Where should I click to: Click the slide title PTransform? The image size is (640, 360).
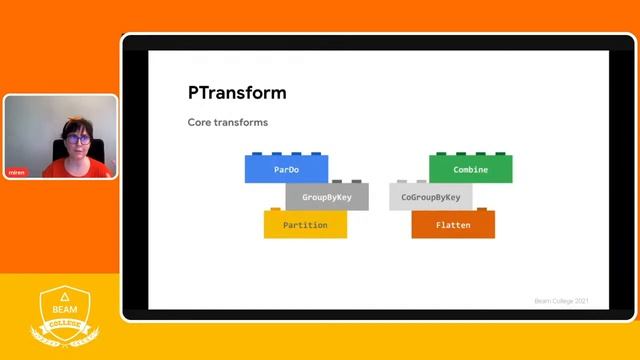click(237, 93)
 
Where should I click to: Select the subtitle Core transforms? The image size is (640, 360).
click(227, 122)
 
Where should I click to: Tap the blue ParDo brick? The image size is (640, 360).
click(286, 170)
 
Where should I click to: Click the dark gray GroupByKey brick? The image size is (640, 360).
click(327, 198)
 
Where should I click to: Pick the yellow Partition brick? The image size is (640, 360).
click(305, 226)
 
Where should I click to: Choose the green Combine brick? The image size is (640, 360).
click(471, 170)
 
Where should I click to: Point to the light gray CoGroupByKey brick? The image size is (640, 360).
click(430, 198)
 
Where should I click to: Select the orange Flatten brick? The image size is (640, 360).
click(453, 226)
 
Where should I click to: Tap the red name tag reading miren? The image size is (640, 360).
click(17, 171)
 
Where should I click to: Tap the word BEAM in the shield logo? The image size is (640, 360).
click(64, 311)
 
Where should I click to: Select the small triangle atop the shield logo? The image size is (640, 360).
click(64, 298)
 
